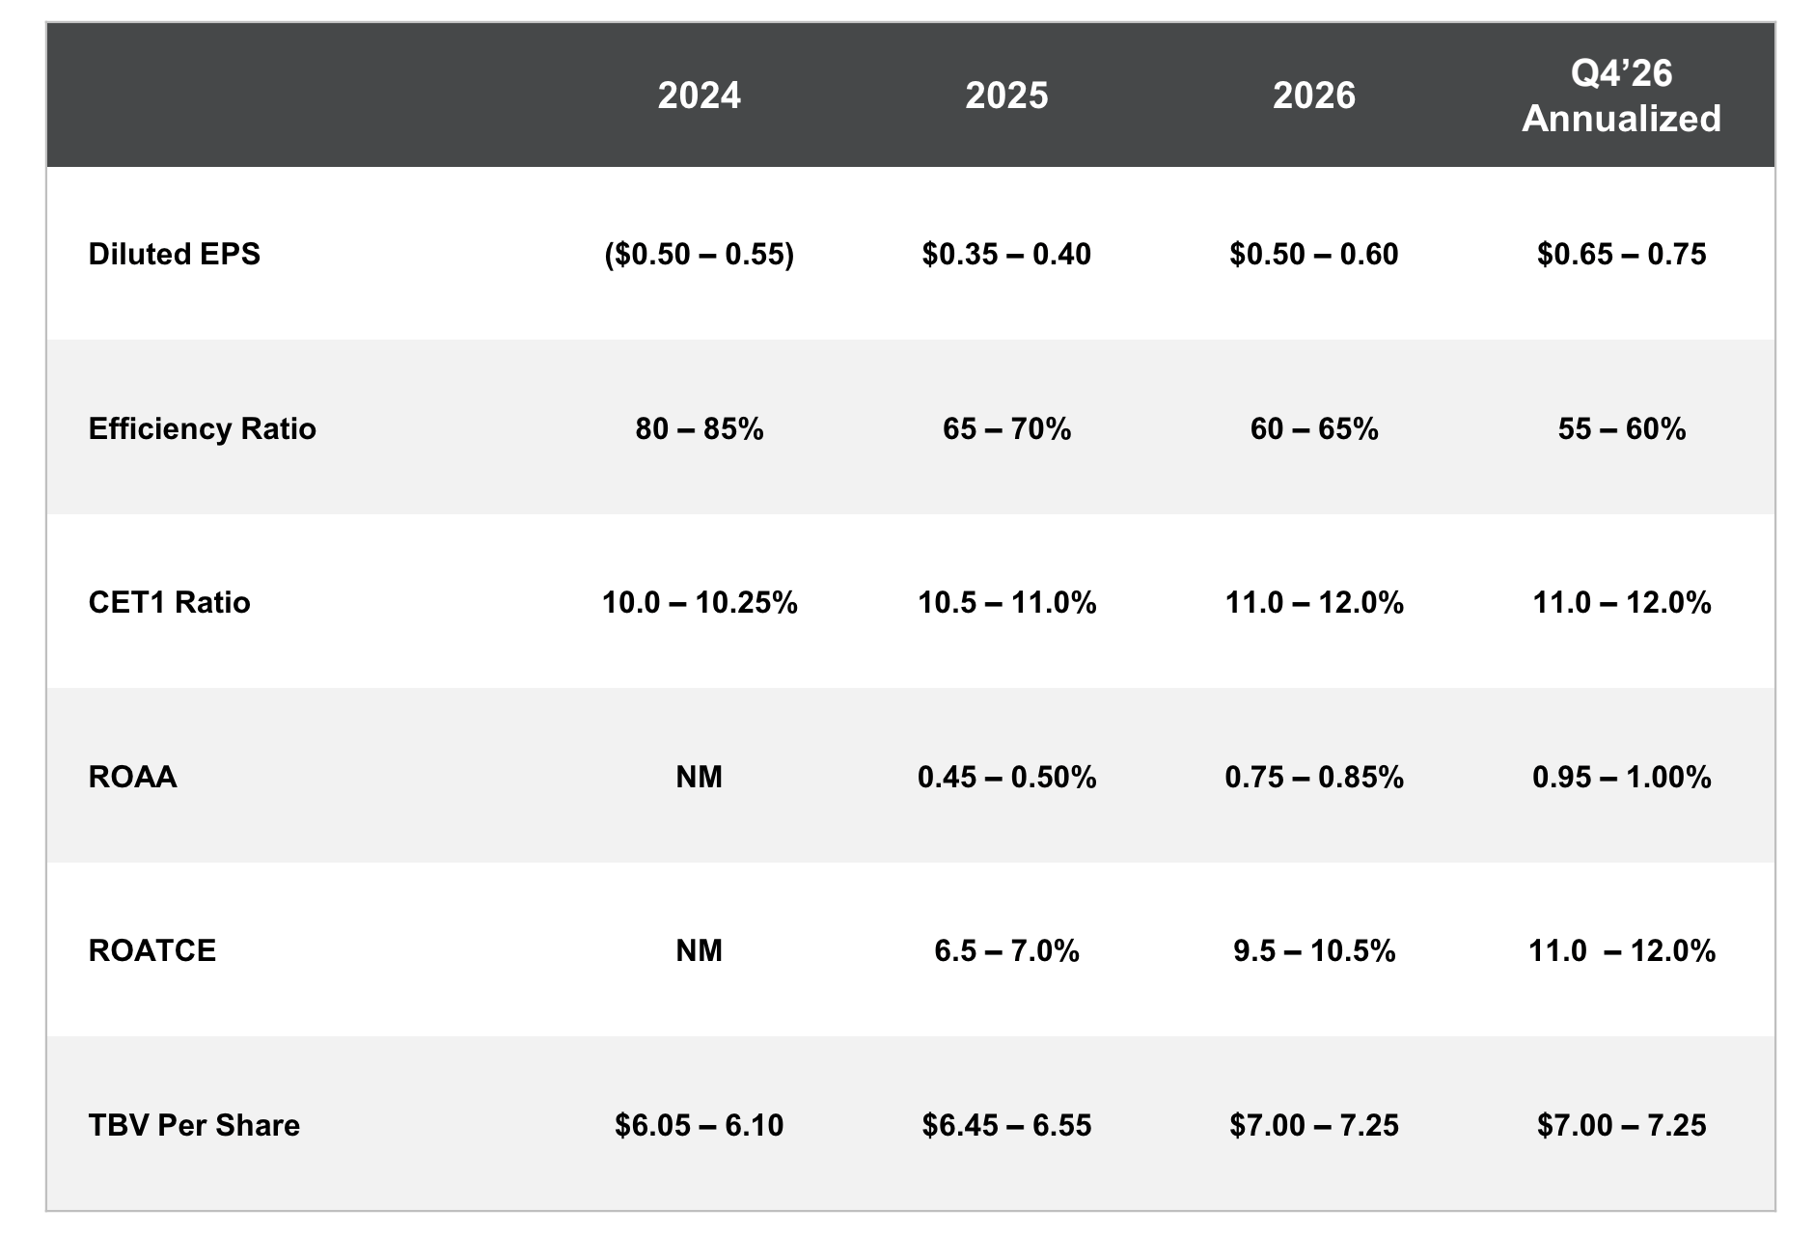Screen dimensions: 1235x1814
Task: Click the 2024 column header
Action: tap(699, 96)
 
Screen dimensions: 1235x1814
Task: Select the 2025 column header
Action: tap(1006, 96)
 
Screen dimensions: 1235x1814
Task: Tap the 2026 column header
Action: tap(1313, 96)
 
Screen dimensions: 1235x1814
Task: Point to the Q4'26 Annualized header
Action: tap(1621, 96)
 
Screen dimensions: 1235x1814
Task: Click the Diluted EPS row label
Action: tap(175, 254)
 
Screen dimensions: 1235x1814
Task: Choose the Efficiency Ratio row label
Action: tap(202, 428)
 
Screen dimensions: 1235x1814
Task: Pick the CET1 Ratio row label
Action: tap(169, 602)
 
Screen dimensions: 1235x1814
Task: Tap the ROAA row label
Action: tap(132, 777)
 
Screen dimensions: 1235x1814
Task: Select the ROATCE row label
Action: tap(151, 950)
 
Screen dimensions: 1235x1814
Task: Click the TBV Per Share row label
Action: tap(194, 1125)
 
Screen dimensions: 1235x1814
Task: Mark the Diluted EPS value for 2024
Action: tap(699, 254)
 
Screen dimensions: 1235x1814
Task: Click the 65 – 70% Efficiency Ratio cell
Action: tap(1006, 428)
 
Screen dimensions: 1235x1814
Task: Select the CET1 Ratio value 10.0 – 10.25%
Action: tap(699, 602)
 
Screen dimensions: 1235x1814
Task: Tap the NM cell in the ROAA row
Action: tap(699, 777)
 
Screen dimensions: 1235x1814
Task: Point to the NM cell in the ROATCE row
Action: tap(699, 950)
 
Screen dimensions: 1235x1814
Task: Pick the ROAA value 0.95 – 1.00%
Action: tap(1621, 777)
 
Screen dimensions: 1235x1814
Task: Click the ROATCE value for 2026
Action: tap(1313, 950)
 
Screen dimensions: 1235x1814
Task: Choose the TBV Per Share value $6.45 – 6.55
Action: tap(1006, 1125)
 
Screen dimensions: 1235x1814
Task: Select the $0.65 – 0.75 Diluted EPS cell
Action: tap(1621, 254)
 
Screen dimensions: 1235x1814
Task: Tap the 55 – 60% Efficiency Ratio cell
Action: tap(1621, 428)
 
